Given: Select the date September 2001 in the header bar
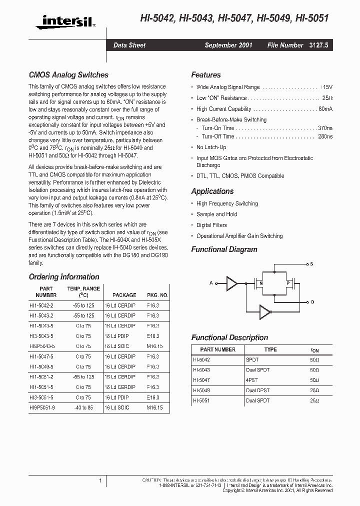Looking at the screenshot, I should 228,45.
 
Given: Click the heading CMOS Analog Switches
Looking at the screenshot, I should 68,75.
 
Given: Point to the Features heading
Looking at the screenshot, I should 205,75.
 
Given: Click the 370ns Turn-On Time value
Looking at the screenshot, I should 325,128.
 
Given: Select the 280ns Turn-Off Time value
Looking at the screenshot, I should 325,136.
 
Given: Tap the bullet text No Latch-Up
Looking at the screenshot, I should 211,147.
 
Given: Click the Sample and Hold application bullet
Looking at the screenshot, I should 216,214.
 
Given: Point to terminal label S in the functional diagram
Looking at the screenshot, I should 312,263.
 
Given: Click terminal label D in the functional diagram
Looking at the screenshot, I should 312,302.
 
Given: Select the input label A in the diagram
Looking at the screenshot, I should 211,283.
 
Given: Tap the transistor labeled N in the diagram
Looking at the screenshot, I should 260,283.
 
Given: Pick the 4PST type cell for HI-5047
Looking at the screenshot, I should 252,379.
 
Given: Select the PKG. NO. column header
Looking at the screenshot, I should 157,295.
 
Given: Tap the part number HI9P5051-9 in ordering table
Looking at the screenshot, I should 42,407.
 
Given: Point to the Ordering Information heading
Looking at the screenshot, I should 64,276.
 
